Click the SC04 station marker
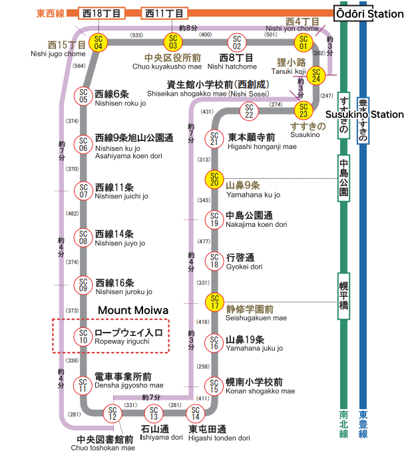(x=99, y=43)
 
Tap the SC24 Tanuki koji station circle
(x=316, y=75)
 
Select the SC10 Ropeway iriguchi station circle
(x=83, y=337)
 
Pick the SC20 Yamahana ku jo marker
(x=214, y=179)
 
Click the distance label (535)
(x=136, y=35)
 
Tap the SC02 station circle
(x=237, y=43)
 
